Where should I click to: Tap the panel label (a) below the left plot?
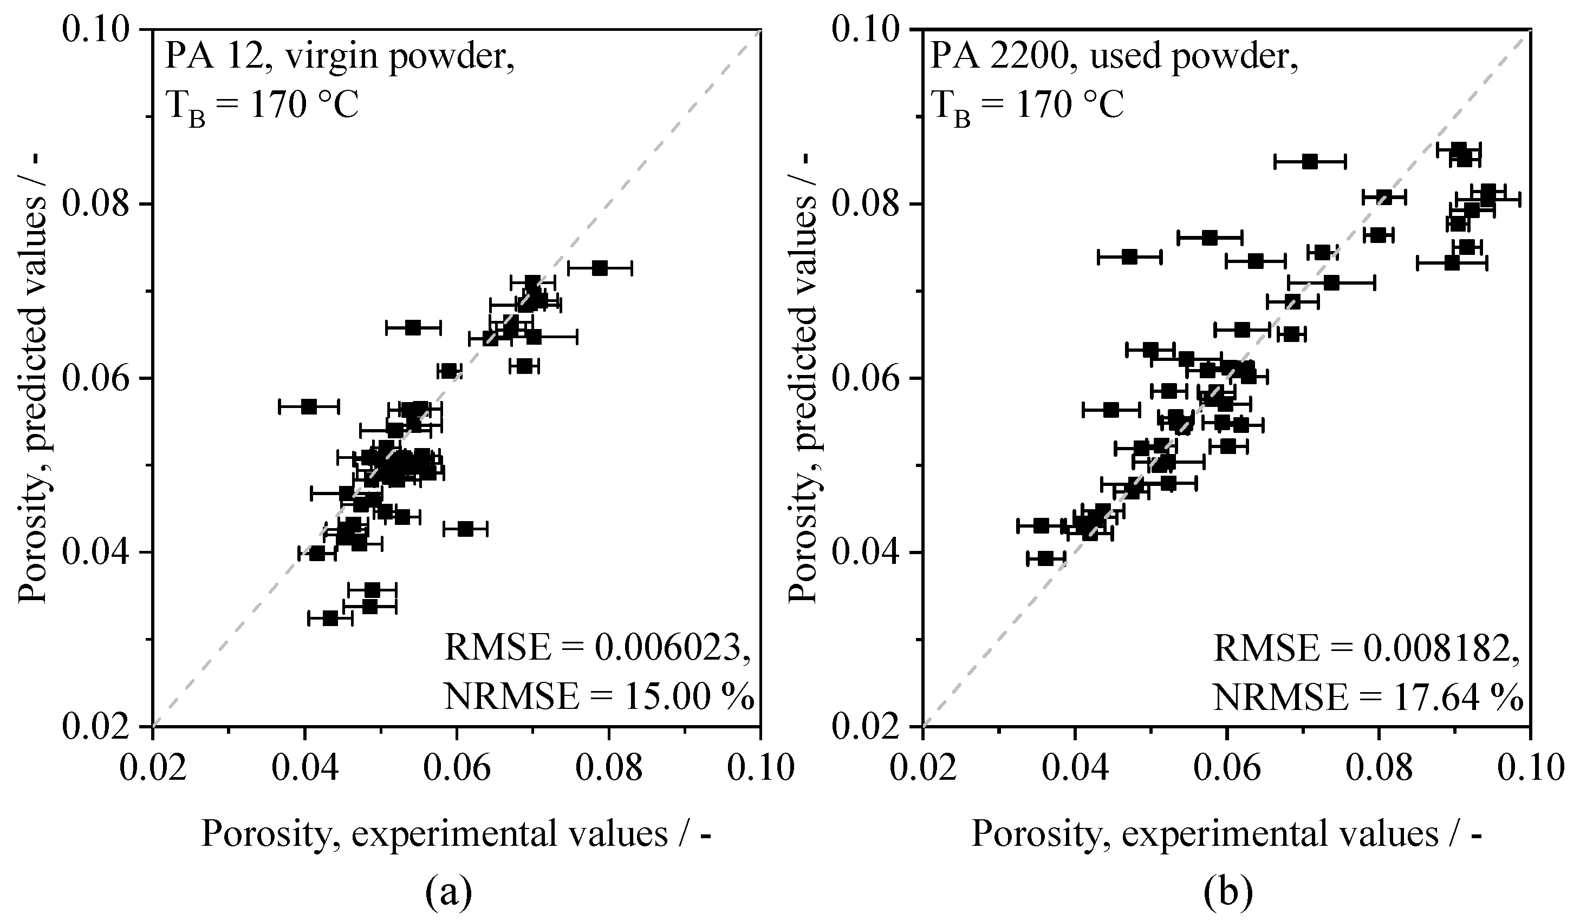click(448, 893)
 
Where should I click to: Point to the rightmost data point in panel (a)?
click(600, 268)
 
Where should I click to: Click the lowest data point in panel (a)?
click(330, 619)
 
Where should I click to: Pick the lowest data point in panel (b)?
click(1045, 558)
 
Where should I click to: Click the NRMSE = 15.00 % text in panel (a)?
click(598, 696)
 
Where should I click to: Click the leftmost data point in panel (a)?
click(309, 406)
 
